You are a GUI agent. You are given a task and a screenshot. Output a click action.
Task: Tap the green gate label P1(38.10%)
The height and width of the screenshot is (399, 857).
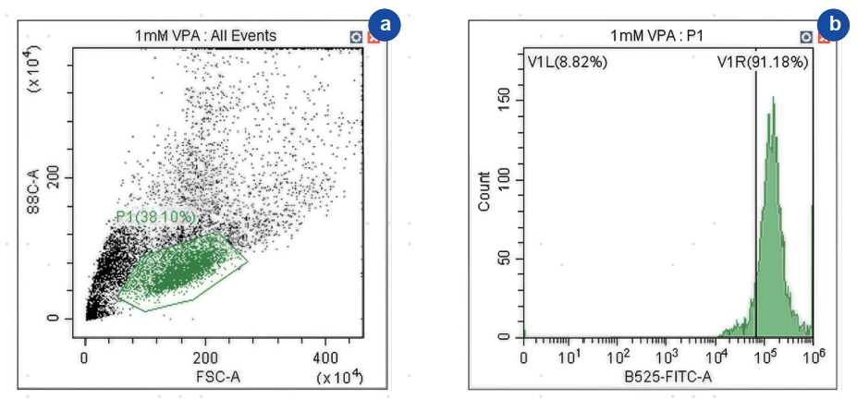[x=156, y=216]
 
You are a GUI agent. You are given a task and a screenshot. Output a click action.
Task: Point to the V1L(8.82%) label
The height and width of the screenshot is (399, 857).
[x=564, y=62]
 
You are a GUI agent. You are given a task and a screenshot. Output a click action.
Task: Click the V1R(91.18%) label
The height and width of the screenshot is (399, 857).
[x=763, y=62]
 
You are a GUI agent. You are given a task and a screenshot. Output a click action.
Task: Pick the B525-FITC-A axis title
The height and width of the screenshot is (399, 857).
[x=668, y=377]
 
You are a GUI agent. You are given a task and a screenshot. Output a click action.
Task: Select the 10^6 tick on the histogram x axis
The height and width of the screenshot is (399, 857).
[x=814, y=355]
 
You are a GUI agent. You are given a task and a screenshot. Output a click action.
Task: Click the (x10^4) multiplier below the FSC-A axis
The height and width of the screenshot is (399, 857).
[x=338, y=378]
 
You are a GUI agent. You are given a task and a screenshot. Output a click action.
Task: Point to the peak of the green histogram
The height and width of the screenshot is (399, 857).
[x=772, y=98]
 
